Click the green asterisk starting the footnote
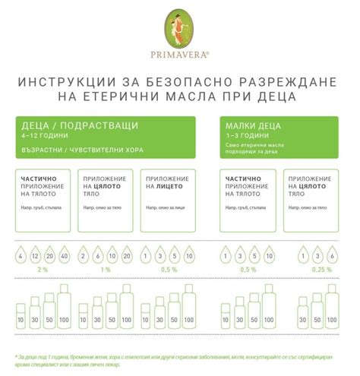(17, 355)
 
